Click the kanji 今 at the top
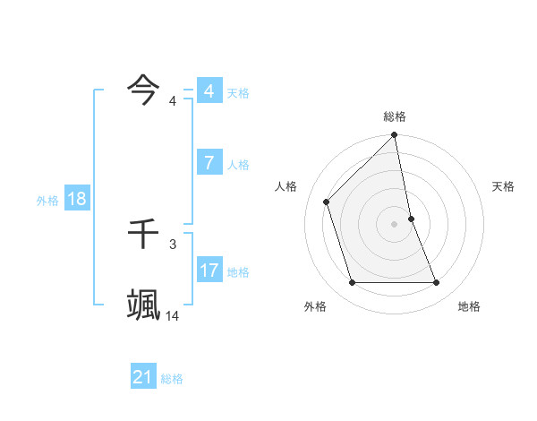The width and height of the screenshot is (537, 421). point(143,89)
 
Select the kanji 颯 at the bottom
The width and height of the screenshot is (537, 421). point(143,304)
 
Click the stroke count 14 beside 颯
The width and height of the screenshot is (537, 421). point(173,315)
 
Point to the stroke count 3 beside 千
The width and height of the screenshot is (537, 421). point(173,244)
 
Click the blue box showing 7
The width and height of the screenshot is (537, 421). point(209,163)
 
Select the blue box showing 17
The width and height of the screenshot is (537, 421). point(209,270)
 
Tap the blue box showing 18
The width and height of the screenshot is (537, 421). point(77,199)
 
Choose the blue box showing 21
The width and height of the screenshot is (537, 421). point(143,377)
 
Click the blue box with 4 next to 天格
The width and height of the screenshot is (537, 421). point(209,91)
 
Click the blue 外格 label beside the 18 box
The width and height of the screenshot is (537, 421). point(47,201)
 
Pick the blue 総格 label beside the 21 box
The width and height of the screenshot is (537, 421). point(172,379)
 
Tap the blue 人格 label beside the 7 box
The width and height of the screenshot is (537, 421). point(238,165)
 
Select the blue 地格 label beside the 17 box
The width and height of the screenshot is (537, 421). point(238,272)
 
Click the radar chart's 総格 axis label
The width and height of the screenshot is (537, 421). point(395,116)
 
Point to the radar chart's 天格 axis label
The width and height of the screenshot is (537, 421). point(503,186)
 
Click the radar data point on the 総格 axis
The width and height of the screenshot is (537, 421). point(395,136)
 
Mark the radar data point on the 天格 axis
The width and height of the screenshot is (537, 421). point(411,219)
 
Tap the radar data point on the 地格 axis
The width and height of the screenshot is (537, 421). point(437,283)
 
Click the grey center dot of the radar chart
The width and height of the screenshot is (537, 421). point(395,224)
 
